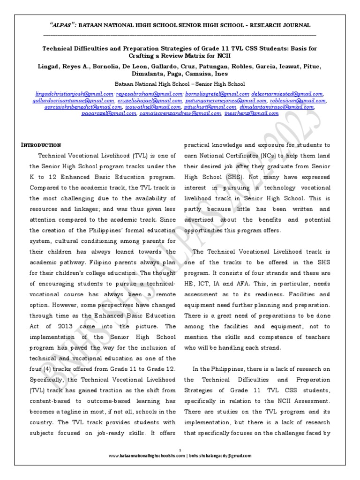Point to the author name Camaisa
point(195,74)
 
